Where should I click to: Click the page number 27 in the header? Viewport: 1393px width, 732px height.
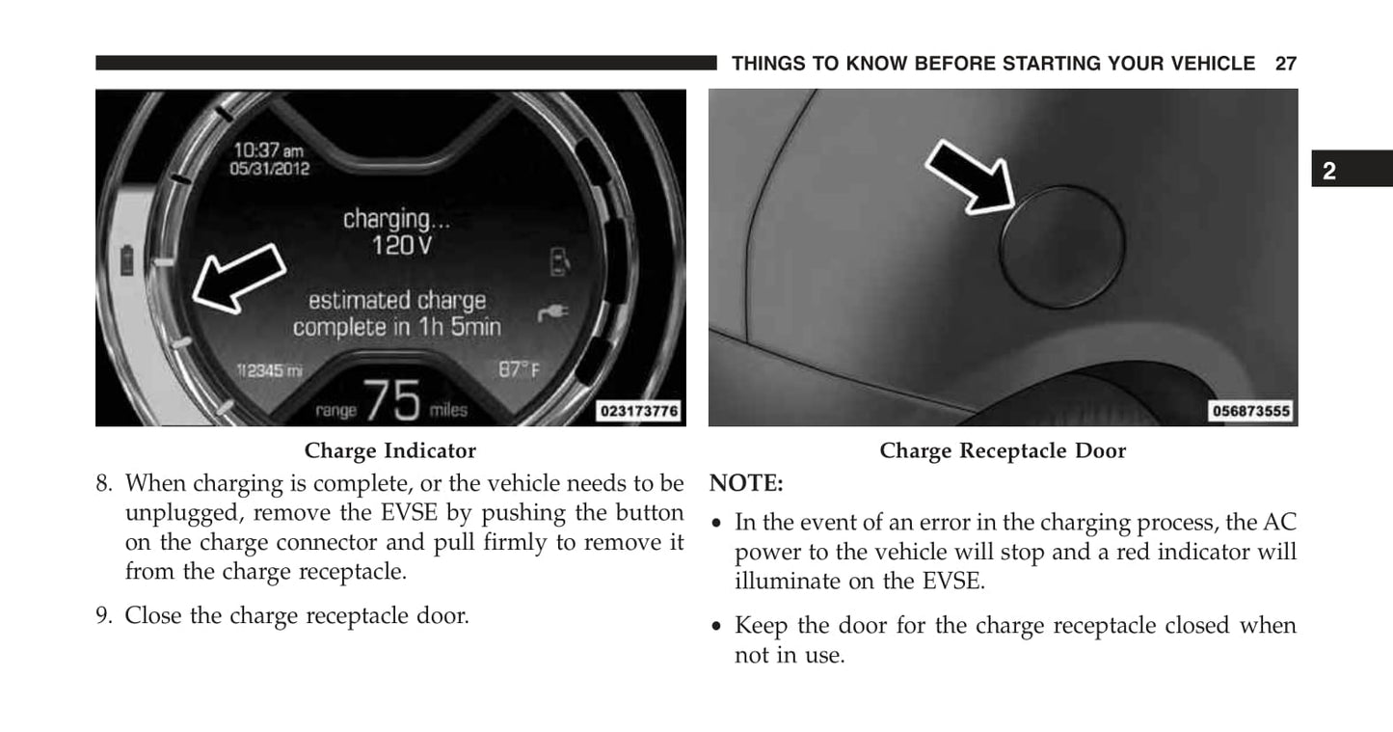click(1285, 64)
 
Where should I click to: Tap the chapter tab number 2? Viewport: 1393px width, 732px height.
click(1329, 171)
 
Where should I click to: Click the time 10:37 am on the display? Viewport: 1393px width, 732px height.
click(269, 149)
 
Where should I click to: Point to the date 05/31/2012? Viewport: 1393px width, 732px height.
click(269, 169)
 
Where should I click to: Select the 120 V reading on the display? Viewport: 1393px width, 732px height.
click(402, 245)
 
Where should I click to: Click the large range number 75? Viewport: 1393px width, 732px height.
click(391, 399)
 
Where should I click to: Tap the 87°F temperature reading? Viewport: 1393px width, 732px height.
click(520, 370)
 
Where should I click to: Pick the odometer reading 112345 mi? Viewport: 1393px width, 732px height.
click(269, 370)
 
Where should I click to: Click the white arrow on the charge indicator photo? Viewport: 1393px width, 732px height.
click(239, 278)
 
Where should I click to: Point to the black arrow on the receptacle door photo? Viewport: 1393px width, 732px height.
click(970, 177)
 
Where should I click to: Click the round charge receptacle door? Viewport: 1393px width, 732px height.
click(1062, 246)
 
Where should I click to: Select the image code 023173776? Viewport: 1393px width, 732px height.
click(639, 411)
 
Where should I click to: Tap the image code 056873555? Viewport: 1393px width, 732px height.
click(1251, 411)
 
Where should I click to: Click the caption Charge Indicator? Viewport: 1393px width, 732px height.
click(389, 451)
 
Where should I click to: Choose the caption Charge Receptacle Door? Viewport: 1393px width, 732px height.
click(1003, 451)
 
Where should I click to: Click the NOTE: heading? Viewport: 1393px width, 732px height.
click(746, 483)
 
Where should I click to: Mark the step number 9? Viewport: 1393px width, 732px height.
click(104, 615)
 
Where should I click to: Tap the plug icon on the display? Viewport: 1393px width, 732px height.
click(553, 312)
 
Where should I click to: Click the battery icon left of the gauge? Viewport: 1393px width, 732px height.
click(127, 260)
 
